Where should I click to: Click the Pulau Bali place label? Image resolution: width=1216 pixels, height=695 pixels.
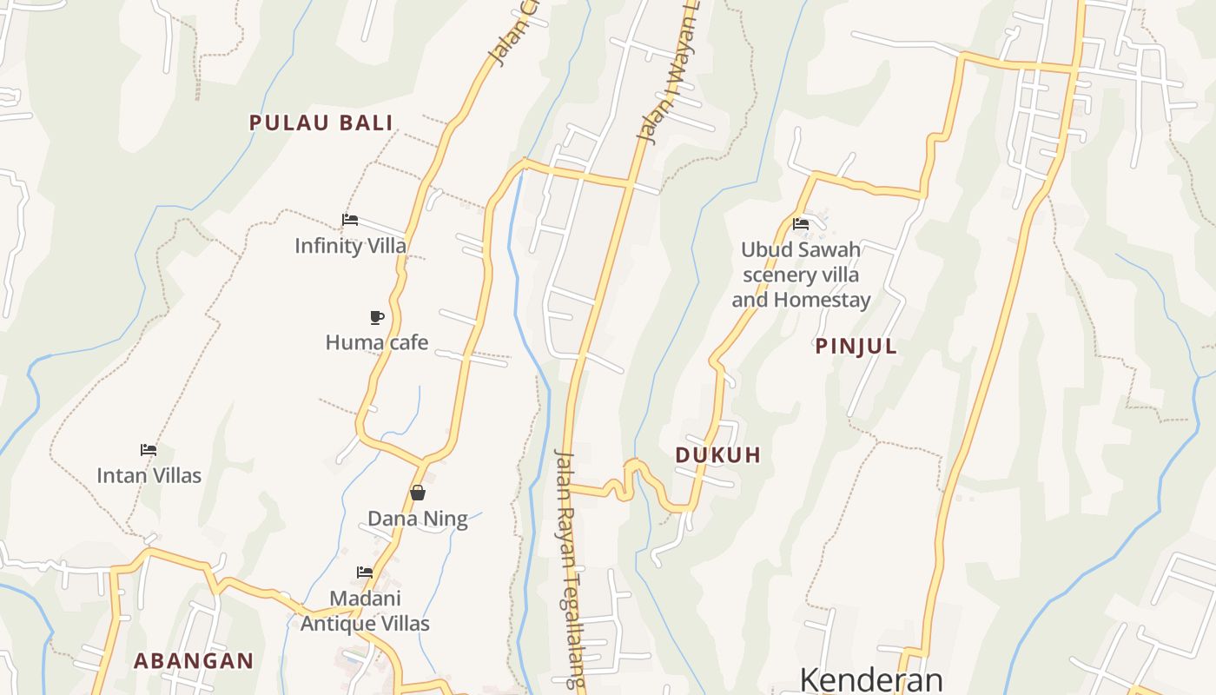[321, 122]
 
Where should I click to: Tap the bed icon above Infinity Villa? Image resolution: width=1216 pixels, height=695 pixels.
[350, 220]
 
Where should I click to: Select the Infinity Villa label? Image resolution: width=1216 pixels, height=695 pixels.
[350, 246]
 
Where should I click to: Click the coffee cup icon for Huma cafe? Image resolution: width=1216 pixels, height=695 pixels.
[377, 317]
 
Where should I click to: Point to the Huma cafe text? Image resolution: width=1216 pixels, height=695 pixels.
[377, 342]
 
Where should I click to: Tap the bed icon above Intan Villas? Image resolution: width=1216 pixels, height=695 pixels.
[149, 450]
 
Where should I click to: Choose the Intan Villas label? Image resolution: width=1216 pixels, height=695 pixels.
[149, 475]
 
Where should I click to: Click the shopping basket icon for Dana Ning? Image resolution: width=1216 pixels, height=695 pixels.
[418, 493]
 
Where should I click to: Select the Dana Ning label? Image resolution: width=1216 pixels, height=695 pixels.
[418, 519]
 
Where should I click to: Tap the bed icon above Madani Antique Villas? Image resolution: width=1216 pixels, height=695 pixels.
[365, 572]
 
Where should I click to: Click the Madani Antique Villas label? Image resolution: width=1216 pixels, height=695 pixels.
[365, 611]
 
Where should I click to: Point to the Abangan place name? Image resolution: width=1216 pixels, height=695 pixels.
[194, 661]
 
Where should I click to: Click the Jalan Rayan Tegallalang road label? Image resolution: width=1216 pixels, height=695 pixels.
[572, 569]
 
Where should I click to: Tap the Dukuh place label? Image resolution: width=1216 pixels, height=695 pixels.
[718, 455]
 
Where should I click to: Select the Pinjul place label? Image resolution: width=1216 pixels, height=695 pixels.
[856, 347]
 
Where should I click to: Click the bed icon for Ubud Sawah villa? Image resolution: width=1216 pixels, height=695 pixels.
[801, 224]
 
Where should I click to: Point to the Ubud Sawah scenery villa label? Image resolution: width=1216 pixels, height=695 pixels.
[801, 262]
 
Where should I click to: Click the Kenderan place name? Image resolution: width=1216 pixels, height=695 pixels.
[871, 678]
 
